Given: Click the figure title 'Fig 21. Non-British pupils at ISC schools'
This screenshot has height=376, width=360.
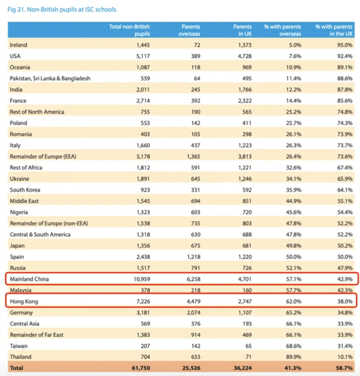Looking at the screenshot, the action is [62, 10].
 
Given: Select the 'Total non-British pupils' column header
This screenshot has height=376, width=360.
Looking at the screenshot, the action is [129, 30].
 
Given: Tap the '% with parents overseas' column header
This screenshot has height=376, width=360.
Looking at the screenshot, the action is [282, 30].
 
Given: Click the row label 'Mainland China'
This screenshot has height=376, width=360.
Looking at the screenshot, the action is [29, 279].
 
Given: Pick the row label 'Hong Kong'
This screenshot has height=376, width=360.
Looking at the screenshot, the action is [24, 301].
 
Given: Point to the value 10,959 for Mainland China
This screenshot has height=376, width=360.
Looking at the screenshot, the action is [142, 279].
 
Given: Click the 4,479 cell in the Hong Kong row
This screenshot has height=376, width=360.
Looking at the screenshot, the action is [193, 301].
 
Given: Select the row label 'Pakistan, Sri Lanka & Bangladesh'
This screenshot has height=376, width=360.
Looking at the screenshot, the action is [50, 79].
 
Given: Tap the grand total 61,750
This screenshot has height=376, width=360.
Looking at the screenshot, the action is [141, 368].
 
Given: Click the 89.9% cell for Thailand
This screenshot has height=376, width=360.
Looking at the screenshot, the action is [294, 357].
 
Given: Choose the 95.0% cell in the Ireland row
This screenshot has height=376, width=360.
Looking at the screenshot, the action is [345, 45].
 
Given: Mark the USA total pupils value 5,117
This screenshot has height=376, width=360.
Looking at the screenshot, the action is [143, 56].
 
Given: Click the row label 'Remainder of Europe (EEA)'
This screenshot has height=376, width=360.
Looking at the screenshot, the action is [43, 157].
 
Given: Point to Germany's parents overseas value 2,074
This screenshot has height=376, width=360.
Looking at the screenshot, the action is [193, 312].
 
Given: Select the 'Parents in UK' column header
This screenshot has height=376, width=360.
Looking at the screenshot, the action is [242, 30].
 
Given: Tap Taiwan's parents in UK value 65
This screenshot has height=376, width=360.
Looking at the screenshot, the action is [249, 346].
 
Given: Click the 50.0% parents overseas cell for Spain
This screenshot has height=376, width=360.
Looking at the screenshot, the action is [294, 257].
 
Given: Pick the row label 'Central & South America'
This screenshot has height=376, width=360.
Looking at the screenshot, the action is [40, 234].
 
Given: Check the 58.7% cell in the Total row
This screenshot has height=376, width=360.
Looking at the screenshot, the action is [345, 368].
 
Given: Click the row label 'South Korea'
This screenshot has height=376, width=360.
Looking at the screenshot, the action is [25, 190].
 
